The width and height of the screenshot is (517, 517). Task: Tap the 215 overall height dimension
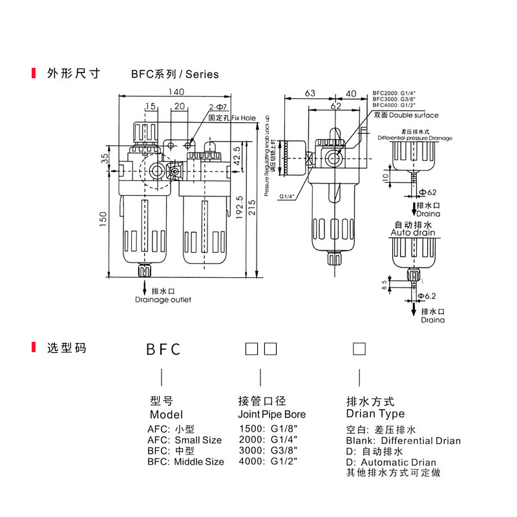click(252, 207)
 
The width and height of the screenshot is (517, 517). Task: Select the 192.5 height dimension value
click(240, 206)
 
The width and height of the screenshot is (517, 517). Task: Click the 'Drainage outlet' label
click(163, 300)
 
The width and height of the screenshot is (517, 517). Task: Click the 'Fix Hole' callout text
click(244, 118)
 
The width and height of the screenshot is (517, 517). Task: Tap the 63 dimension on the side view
click(310, 94)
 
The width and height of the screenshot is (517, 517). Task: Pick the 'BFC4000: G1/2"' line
click(393, 105)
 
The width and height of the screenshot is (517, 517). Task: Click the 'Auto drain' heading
click(414, 232)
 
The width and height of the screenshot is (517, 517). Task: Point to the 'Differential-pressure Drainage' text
click(415, 138)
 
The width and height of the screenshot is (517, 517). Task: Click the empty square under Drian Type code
click(359, 350)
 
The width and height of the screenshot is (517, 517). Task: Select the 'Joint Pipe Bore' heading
click(271, 414)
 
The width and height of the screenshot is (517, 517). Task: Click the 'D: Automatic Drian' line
click(391, 462)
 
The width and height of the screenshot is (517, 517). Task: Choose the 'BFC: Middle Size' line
click(185, 461)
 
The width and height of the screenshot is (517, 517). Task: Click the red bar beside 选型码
click(34, 348)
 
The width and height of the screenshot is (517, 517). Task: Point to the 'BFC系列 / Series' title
click(174, 74)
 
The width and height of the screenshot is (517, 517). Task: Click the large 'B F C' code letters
click(162, 350)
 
